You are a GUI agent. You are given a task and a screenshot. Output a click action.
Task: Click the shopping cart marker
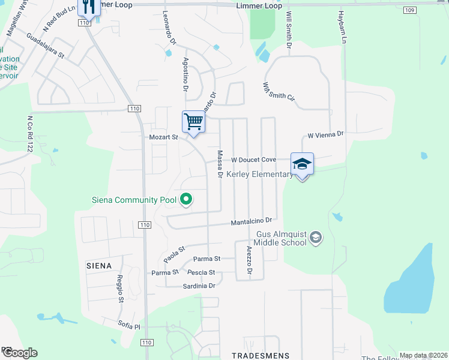193,122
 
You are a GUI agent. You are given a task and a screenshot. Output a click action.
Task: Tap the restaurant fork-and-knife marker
89,7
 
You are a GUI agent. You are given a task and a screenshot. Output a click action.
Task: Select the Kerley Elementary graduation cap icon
302,163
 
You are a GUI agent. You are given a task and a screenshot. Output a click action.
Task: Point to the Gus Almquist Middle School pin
316,238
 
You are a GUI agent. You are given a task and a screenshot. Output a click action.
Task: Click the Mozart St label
164,137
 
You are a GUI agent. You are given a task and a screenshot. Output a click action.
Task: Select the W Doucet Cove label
253,160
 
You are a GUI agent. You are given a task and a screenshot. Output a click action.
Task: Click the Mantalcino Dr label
252,222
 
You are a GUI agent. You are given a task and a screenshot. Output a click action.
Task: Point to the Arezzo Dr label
249,261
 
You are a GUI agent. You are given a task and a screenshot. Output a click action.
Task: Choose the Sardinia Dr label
199,286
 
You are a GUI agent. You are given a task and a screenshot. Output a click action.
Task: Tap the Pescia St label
201,272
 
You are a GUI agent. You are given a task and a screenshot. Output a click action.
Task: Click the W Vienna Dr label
325,134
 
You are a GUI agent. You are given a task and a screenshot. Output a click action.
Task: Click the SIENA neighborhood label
99,265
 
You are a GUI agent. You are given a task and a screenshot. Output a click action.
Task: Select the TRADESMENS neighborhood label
261,355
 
